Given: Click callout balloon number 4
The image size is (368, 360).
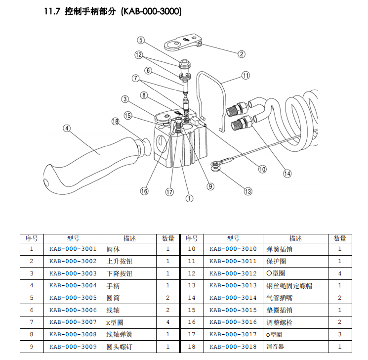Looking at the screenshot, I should pos(67,128).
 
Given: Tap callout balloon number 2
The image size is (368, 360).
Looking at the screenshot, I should pos(242,54).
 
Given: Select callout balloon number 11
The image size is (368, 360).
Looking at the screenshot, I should pos(246,76).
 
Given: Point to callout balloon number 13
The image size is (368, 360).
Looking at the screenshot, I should pos(247,191).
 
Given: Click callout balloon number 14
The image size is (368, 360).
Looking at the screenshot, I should pos(287,174).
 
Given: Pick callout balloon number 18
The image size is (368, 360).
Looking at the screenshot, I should pos(116,121).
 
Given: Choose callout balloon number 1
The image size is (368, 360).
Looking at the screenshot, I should pos(189,198).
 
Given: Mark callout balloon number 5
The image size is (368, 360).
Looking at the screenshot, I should pos(141,41).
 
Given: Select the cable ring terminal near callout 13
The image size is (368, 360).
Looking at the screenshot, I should pos(216,166).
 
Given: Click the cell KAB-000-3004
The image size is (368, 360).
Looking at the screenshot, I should pos(73,285).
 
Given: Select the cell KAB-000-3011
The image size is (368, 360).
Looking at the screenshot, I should pos(233,261).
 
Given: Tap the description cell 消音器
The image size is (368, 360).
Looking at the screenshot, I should pos(275,347).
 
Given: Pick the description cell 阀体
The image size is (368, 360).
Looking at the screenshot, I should pos(114,249).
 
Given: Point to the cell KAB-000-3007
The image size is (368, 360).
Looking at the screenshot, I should pos(73,322).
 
